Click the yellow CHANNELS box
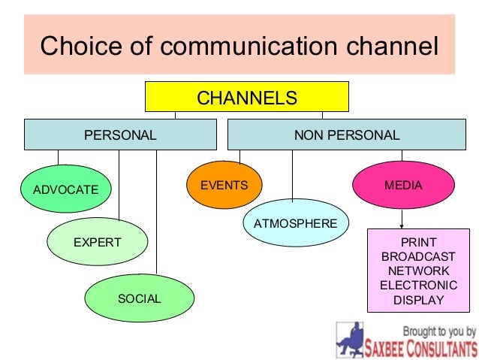pos(246,98)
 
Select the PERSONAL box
pos(120,135)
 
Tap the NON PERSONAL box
pos(347,135)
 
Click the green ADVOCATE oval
pos(66,189)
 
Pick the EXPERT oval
pos(98,242)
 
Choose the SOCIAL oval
pos(140,298)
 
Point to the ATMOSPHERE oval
pos(296,223)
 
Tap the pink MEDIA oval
pos(404,185)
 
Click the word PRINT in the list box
pos(419,242)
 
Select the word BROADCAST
pos(419,256)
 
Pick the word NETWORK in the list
pos(419,271)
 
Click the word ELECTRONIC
pos(419,286)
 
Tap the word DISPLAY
pos(419,300)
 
